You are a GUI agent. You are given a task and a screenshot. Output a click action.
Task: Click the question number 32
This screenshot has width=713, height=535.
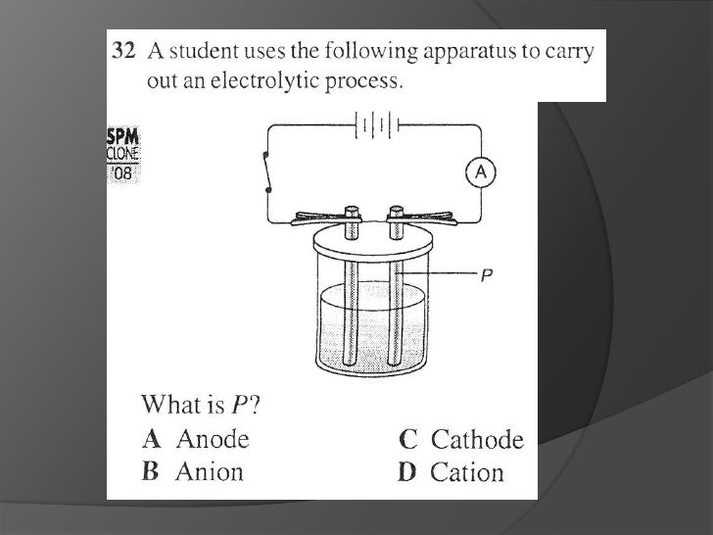pos(123,51)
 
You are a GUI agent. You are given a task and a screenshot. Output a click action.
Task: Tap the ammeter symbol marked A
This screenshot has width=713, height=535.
pos(481,172)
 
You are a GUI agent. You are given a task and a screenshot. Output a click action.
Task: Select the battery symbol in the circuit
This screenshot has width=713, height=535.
pos(376,124)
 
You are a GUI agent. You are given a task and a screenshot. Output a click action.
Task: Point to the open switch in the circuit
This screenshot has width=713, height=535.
pos(267,172)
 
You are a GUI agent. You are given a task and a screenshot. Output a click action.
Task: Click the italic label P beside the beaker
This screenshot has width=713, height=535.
pos(487,274)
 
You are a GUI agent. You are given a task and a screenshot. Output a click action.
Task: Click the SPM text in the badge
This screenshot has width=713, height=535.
pos(122,136)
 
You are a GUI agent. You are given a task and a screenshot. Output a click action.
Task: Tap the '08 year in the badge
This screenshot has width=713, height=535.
pos(122,172)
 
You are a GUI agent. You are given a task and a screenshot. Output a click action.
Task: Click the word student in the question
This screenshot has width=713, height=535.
pos(204,51)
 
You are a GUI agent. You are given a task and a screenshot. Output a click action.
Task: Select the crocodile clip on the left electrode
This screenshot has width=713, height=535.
pos(325,219)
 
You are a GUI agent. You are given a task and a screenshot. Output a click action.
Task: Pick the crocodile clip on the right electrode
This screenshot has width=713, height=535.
pos(422,219)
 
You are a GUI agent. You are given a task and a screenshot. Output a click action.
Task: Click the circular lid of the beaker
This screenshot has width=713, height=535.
pos(373,242)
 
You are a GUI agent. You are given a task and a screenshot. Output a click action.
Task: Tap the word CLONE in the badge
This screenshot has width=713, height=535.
pos(122,154)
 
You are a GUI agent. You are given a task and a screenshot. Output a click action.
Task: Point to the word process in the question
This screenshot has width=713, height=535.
pos(364,81)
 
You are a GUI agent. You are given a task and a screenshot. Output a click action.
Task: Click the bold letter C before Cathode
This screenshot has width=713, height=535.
pos(407,439)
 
